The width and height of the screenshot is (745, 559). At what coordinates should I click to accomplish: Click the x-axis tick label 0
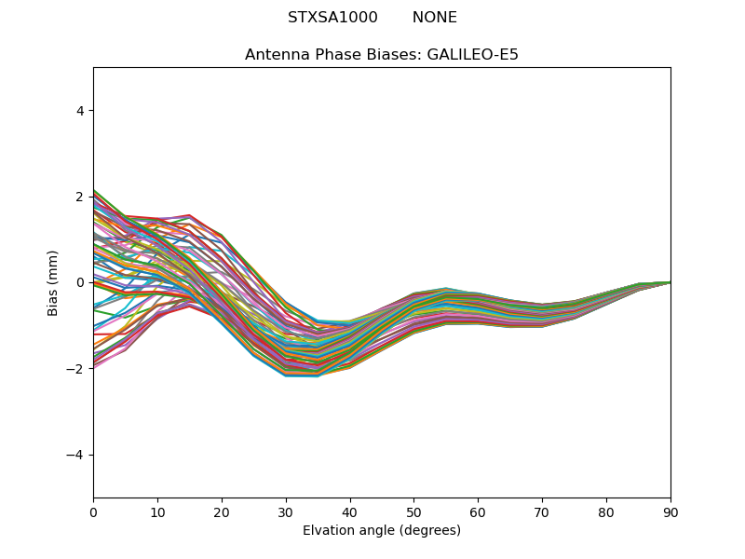coord(93,511)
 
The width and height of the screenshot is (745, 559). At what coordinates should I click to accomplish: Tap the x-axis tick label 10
coord(157,511)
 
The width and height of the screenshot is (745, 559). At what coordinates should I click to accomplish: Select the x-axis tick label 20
coord(222,511)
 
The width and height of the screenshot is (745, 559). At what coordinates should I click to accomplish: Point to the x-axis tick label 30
coord(286,511)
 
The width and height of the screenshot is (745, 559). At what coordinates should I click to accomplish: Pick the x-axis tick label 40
coord(350,511)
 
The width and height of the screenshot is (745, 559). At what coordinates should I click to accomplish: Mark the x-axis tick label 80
coord(606,511)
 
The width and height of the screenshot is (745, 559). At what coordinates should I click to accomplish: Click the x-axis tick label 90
coord(670,511)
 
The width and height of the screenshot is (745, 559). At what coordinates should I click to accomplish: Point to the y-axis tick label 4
coord(80,111)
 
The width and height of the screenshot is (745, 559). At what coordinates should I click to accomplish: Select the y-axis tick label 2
coord(80,197)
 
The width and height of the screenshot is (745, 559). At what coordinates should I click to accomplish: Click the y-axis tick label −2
coord(76,369)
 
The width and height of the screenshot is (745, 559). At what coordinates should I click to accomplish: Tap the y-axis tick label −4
coord(76,455)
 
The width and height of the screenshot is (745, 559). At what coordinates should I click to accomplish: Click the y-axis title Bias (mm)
coord(54,282)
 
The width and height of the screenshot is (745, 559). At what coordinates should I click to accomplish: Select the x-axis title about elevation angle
coord(382,531)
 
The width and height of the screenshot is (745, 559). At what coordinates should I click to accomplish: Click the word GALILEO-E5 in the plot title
coord(473,55)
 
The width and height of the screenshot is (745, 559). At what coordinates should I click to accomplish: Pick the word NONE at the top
coord(435,18)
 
